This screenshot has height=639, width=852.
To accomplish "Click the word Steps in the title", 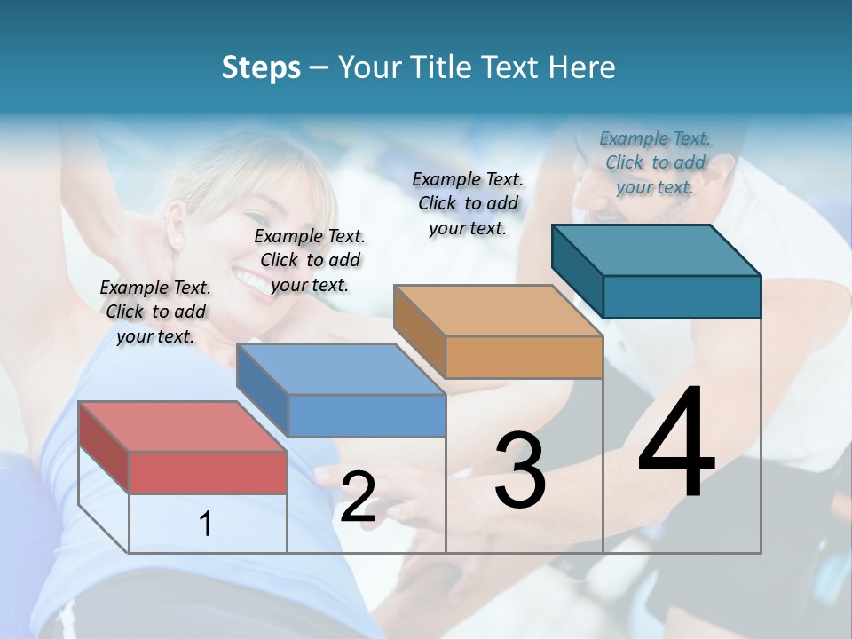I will [261, 67].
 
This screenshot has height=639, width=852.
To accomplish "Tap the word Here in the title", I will [580, 67].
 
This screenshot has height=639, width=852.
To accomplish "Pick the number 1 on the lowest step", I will [206, 525].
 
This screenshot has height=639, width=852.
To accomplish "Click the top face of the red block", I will [182, 427].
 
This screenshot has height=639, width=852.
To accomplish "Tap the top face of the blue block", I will [340, 369].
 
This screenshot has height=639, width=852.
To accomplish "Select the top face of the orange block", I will [497, 311].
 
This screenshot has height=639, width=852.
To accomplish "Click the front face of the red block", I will [208, 472].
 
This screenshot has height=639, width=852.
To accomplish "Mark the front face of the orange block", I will [524, 358].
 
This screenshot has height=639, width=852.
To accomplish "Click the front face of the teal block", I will [682, 296].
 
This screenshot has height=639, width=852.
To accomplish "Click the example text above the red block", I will [155, 312].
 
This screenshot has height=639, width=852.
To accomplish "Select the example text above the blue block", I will [310, 260].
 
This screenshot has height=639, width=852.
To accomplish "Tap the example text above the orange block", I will [468, 203].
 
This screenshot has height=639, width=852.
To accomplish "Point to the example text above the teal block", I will [655, 162].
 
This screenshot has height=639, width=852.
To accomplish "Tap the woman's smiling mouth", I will [251, 281].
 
